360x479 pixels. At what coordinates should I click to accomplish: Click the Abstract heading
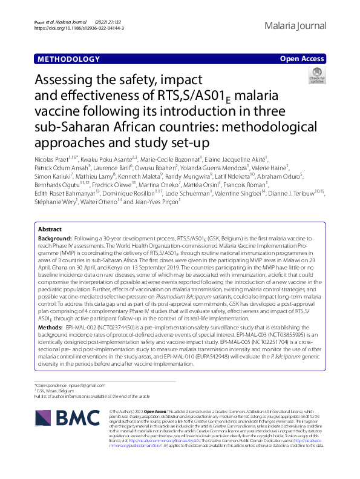pyautogui.click(x=50, y=246)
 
